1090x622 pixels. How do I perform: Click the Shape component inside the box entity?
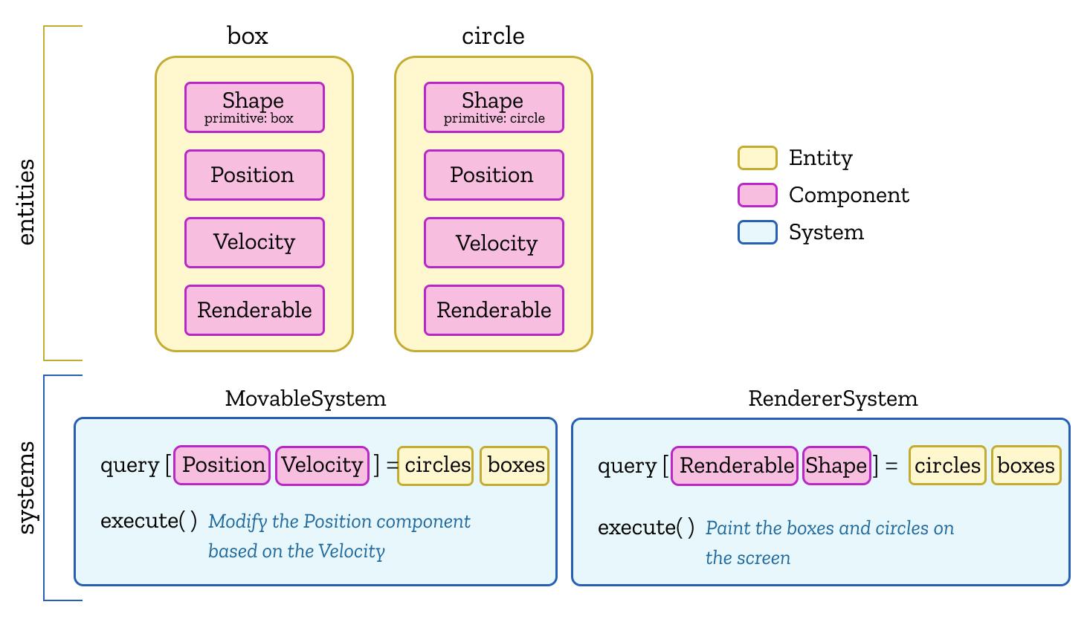tap(254, 107)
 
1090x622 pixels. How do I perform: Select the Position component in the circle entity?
tap(494, 175)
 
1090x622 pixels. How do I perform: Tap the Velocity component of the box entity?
tap(254, 242)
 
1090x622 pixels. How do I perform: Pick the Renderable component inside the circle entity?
tap(494, 310)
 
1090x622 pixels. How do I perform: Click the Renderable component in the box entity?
tap(254, 310)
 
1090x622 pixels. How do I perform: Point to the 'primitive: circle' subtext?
tap(494, 119)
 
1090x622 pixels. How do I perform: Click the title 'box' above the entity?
tap(248, 36)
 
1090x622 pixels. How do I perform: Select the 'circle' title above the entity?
tap(493, 36)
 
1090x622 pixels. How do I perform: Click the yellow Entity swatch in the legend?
tap(757, 158)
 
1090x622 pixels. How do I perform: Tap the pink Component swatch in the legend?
tap(757, 195)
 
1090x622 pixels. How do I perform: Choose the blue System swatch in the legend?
tap(757, 233)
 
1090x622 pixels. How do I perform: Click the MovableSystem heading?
tap(306, 398)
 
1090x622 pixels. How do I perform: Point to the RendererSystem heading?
tap(833, 398)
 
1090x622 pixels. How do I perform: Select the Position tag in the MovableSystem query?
tap(222, 465)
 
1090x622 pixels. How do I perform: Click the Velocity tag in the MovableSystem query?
tap(322, 465)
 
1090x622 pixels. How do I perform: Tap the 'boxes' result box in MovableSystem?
tap(515, 465)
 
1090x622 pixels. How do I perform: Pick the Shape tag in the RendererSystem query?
tap(836, 466)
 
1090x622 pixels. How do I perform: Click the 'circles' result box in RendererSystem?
tap(947, 466)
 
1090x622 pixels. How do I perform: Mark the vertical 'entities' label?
tap(28, 201)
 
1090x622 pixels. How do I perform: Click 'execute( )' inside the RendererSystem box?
tap(646, 528)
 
